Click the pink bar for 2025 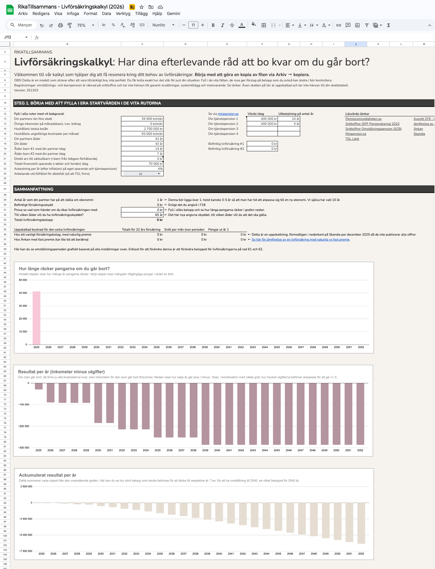36,318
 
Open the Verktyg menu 123,14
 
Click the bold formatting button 213,25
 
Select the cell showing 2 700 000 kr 142,129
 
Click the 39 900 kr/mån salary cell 142,119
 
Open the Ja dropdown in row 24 142,174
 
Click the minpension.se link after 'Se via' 228,114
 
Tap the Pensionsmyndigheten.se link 363,119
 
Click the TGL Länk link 352,139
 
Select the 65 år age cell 142,215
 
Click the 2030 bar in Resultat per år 98,403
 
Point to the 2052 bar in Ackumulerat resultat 361,523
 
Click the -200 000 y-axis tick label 24,426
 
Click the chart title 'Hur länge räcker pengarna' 64,268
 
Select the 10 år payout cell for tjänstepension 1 289,119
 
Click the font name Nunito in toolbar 159,25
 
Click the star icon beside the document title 142,7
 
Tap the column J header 356,44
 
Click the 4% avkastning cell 142,169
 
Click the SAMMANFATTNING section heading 34,189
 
